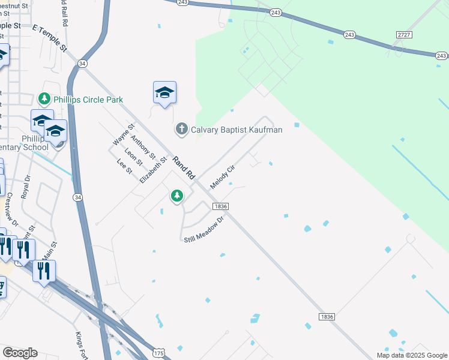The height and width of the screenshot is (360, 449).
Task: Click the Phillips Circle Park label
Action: [x=88, y=99]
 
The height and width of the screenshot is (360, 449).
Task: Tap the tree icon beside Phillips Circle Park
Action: [x=44, y=98]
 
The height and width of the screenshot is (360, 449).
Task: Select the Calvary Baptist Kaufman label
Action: [x=236, y=129]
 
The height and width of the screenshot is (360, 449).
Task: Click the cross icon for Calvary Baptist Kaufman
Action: [x=181, y=129]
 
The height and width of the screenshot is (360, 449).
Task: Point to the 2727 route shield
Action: [x=404, y=35]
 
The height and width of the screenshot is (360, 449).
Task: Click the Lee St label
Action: [x=124, y=167]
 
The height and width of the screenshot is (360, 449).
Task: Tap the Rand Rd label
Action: [x=184, y=168]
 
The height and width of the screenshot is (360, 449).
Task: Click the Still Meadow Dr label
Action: [x=203, y=229]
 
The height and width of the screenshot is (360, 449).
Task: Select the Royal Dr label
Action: [x=25, y=187]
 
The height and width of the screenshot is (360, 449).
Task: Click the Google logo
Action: [x=20, y=353]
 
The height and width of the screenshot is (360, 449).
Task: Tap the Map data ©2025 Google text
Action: [x=412, y=355]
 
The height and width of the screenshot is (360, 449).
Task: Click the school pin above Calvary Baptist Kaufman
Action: [x=164, y=93]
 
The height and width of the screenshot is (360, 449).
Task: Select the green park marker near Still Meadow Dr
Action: [x=176, y=196]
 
